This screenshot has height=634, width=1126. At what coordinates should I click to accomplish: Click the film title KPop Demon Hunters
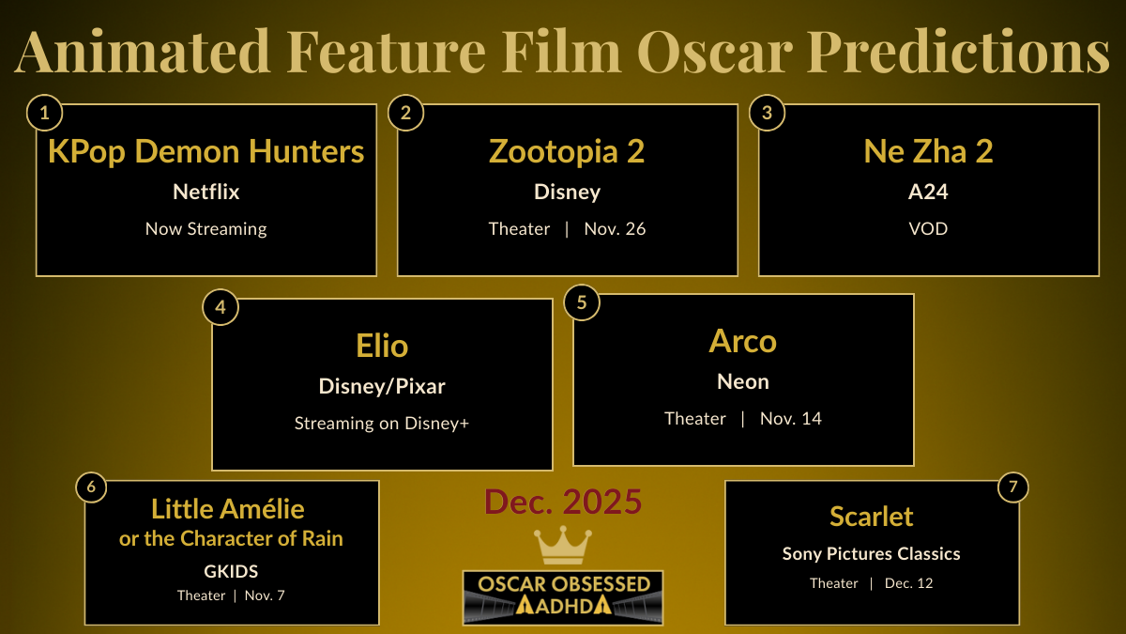tap(205, 151)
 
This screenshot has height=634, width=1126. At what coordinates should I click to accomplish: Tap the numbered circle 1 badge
tap(44, 114)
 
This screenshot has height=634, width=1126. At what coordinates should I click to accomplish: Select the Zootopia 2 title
tap(567, 151)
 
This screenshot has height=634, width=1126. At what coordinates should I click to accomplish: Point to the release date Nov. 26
tap(615, 228)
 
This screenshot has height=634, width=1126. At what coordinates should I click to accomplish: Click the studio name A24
tap(928, 192)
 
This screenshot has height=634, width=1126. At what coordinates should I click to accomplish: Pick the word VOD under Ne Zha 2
tap(928, 228)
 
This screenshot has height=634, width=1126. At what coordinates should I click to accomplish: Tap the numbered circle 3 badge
tap(768, 114)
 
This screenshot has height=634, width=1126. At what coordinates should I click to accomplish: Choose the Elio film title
tap(382, 346)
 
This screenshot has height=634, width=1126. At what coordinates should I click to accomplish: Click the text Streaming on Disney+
tap(382, 423)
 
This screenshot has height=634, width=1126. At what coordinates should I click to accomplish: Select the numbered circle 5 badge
tap(582, 302)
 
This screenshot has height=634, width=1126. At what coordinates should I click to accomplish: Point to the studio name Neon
tap(742, 381)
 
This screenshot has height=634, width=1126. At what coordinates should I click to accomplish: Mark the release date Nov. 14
tap(791, 418)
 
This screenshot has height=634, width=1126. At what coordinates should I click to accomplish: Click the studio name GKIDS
tap(231, 571)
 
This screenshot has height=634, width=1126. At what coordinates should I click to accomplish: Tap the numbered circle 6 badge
tap(91, 487)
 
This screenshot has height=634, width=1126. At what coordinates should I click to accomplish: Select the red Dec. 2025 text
tap(562, 503)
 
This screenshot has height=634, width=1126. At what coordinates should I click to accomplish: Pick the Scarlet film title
tap(871, 516)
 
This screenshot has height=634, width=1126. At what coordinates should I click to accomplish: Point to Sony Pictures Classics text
tap(871, 553)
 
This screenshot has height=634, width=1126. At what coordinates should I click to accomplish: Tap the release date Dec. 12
tap(908, 583)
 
